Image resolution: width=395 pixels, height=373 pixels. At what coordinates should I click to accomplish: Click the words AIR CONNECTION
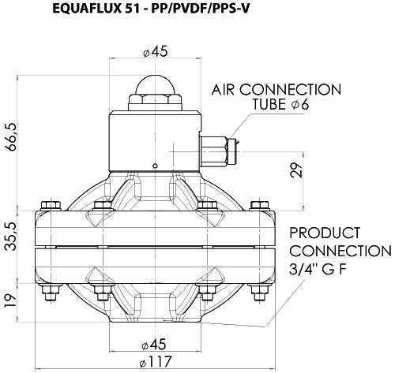(277, 90)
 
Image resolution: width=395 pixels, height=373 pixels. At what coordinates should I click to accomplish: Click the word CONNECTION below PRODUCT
(340, 251)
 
